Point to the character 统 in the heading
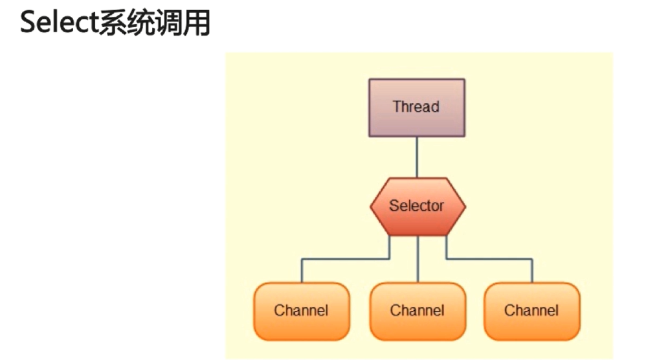(x=143, y=24)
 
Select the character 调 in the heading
(x=172, y=24)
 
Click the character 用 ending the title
(x=199, y=24)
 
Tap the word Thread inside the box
(x=416, y=107)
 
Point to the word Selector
(x=417, y=206)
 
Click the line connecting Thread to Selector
(x=416, y=157)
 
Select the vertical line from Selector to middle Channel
(x=418, y=259)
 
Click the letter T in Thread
(x=397, y=107)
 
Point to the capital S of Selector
(x=393, y=206)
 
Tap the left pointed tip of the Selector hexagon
(x=372, y=207)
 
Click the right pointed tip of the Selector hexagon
(x=464, y=207)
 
